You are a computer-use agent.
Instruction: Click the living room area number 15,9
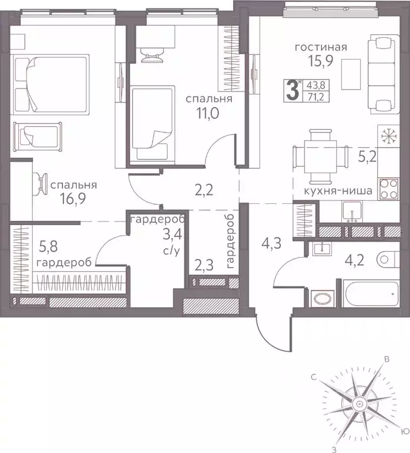click(x=319, y=61)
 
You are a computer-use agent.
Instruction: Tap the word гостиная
click(x=319, y=48)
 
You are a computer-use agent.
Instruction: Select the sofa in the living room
click(x=379, y=73)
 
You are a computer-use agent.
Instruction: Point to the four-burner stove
click(x=388, y=189)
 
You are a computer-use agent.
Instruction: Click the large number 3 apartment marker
click(x=292, y=92)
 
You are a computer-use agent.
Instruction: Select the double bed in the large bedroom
click(x=50, y=83)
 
